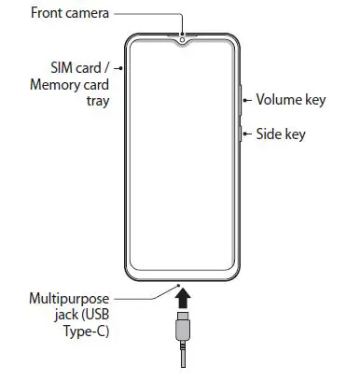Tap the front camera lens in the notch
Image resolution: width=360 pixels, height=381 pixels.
click(184, 39)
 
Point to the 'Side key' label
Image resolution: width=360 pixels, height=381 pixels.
click(281, 134)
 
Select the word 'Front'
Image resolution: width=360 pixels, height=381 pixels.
click(48, 13)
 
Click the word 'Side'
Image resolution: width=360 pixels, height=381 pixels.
click(270, 134)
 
